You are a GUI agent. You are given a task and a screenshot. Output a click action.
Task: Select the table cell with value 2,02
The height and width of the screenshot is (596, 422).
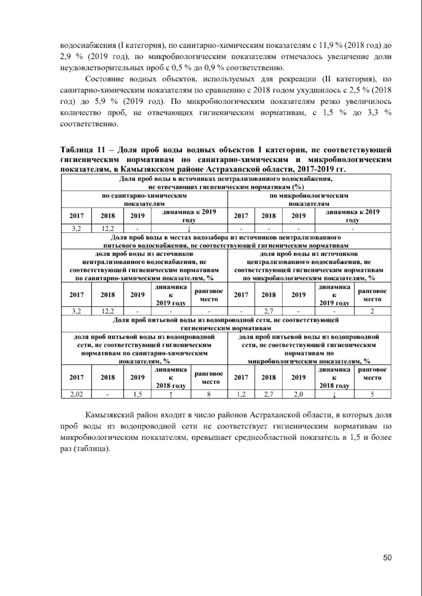tap(76, 395)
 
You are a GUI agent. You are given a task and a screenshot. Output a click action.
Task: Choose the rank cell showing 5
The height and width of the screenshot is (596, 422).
tap(372, 395)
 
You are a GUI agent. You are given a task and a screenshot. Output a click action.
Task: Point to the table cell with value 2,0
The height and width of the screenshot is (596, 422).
tap(298, 395)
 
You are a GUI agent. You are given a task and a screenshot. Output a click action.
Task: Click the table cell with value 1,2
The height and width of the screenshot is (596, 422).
tap(241, 395)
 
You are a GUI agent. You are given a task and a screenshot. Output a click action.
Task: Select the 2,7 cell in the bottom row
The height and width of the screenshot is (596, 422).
tap(268, 395)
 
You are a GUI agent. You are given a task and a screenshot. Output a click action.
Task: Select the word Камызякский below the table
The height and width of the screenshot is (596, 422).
tap(107, 415)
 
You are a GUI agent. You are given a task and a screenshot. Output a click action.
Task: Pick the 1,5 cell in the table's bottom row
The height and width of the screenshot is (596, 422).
tap(138, 395)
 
